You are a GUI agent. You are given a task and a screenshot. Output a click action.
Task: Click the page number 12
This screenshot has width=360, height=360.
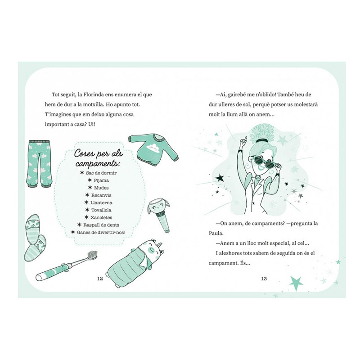click(x=100, y=279)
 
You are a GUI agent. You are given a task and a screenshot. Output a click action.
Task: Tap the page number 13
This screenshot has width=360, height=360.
click(x=264, y=279)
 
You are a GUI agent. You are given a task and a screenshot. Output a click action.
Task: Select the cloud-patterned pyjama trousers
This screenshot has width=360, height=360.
click(x=39, y=164)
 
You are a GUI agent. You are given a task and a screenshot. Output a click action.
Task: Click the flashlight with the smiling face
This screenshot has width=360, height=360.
click(x=159, y=215)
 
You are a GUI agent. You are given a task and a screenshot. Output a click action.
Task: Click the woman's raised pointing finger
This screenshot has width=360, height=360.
click(x=245, y=139)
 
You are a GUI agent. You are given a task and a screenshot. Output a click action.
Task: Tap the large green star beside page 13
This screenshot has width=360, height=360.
click(x=296, y=283)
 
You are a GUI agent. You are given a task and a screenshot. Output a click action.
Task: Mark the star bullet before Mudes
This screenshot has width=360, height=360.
click(x=90, y=188)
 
